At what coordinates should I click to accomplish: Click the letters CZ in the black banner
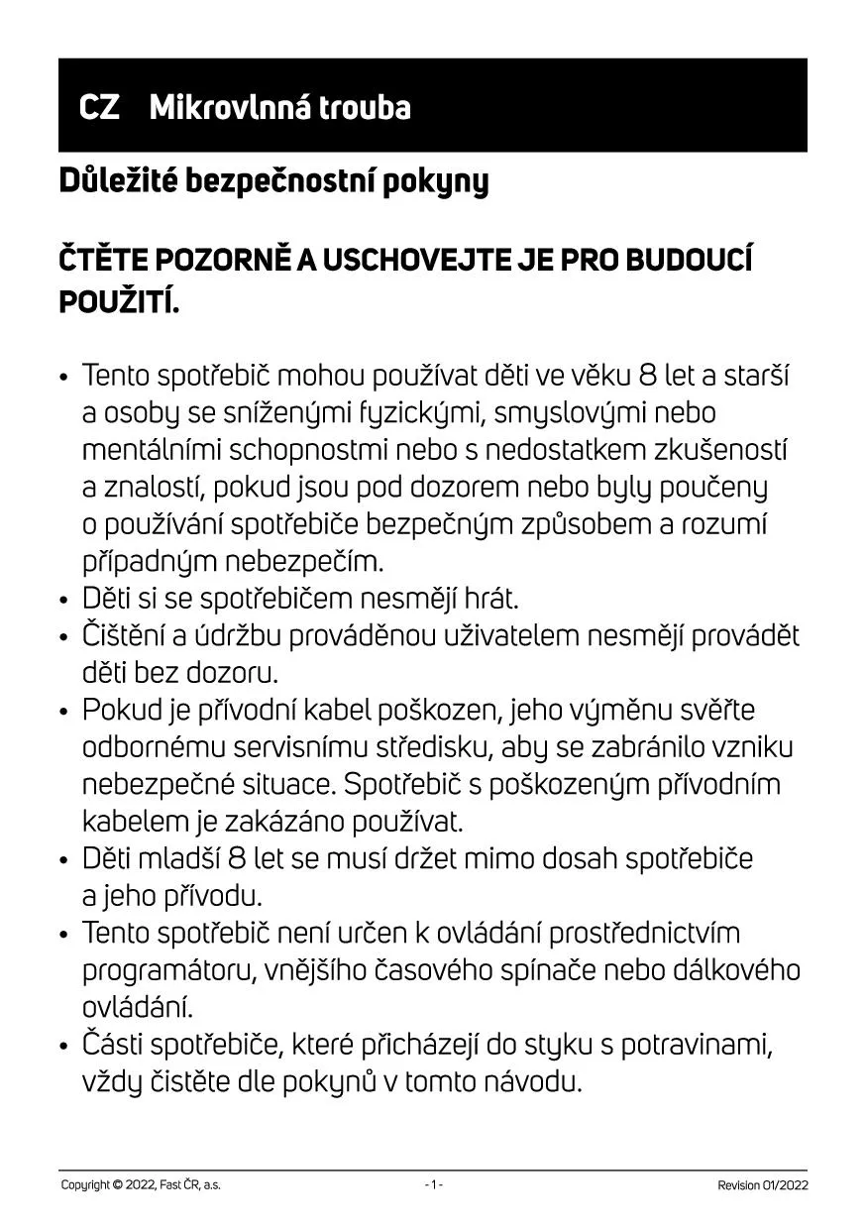coord(99,107)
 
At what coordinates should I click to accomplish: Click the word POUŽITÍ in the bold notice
coord(118,301)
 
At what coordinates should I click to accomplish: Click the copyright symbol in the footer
coord(119,1185)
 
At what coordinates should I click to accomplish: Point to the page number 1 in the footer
coord(433,1185)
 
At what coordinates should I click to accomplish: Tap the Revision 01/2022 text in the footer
coord(762,1185)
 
